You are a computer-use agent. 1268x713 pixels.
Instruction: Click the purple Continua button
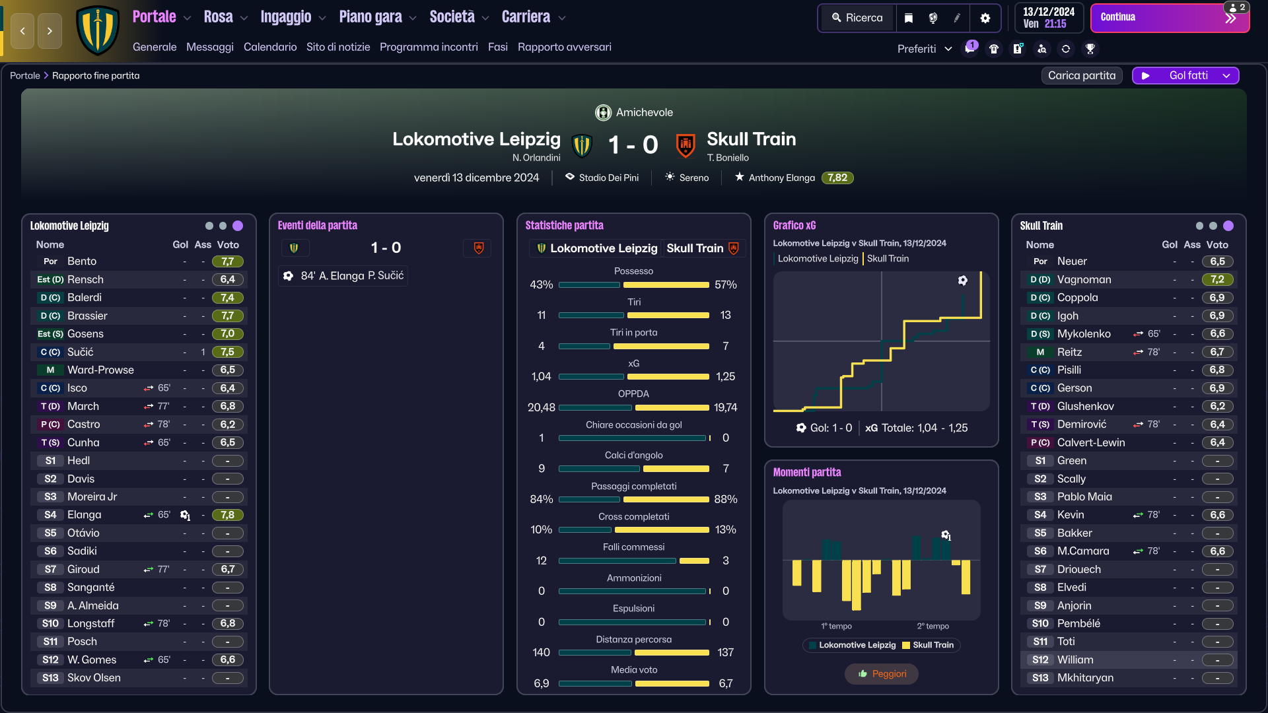pyautogui.click(x=1170, y=18)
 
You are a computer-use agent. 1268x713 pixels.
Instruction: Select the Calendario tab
pyautogui.click(x=270, y=47)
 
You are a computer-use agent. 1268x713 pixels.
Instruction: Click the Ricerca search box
pyautogui.click(x=857, y=18)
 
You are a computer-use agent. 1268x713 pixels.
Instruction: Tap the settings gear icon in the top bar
pyautogui.click(x=985, y=18)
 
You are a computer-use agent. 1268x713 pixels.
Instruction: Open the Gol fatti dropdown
pyautogui.click(x=1185, y=76)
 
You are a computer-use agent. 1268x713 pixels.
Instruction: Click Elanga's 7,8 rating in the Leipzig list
pyautogui.click(x=228, y=515)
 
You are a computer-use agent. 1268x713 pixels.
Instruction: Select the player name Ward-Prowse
pyautogui.click(x=100, y=370)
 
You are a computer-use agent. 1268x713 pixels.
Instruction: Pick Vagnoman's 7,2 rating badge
pyautogui.click(x=1217, y=280)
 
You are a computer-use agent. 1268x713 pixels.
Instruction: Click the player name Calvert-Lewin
pyautogui.click(x=1091, y=443)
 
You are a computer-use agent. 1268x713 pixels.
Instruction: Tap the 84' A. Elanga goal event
pyautogui.click(x=343, y=276)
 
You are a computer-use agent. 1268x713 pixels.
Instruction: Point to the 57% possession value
pyautogui.click(x=725, y=285)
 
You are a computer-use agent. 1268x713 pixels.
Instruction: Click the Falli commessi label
pyautogui.click(x=634, y=547)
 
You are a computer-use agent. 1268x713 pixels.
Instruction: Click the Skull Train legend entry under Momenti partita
pyautogui.click(x=928, y=645)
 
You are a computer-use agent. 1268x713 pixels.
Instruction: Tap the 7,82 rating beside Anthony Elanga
pyautogui.click(x=837, y=178)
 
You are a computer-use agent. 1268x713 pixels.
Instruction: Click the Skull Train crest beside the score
pyautogui.click(x=686, y=145)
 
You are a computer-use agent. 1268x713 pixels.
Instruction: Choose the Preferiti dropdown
pyautogui.click(x=925, y=49)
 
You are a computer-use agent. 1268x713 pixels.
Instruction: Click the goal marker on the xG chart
pyautogui.click(x=963, y=281)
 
